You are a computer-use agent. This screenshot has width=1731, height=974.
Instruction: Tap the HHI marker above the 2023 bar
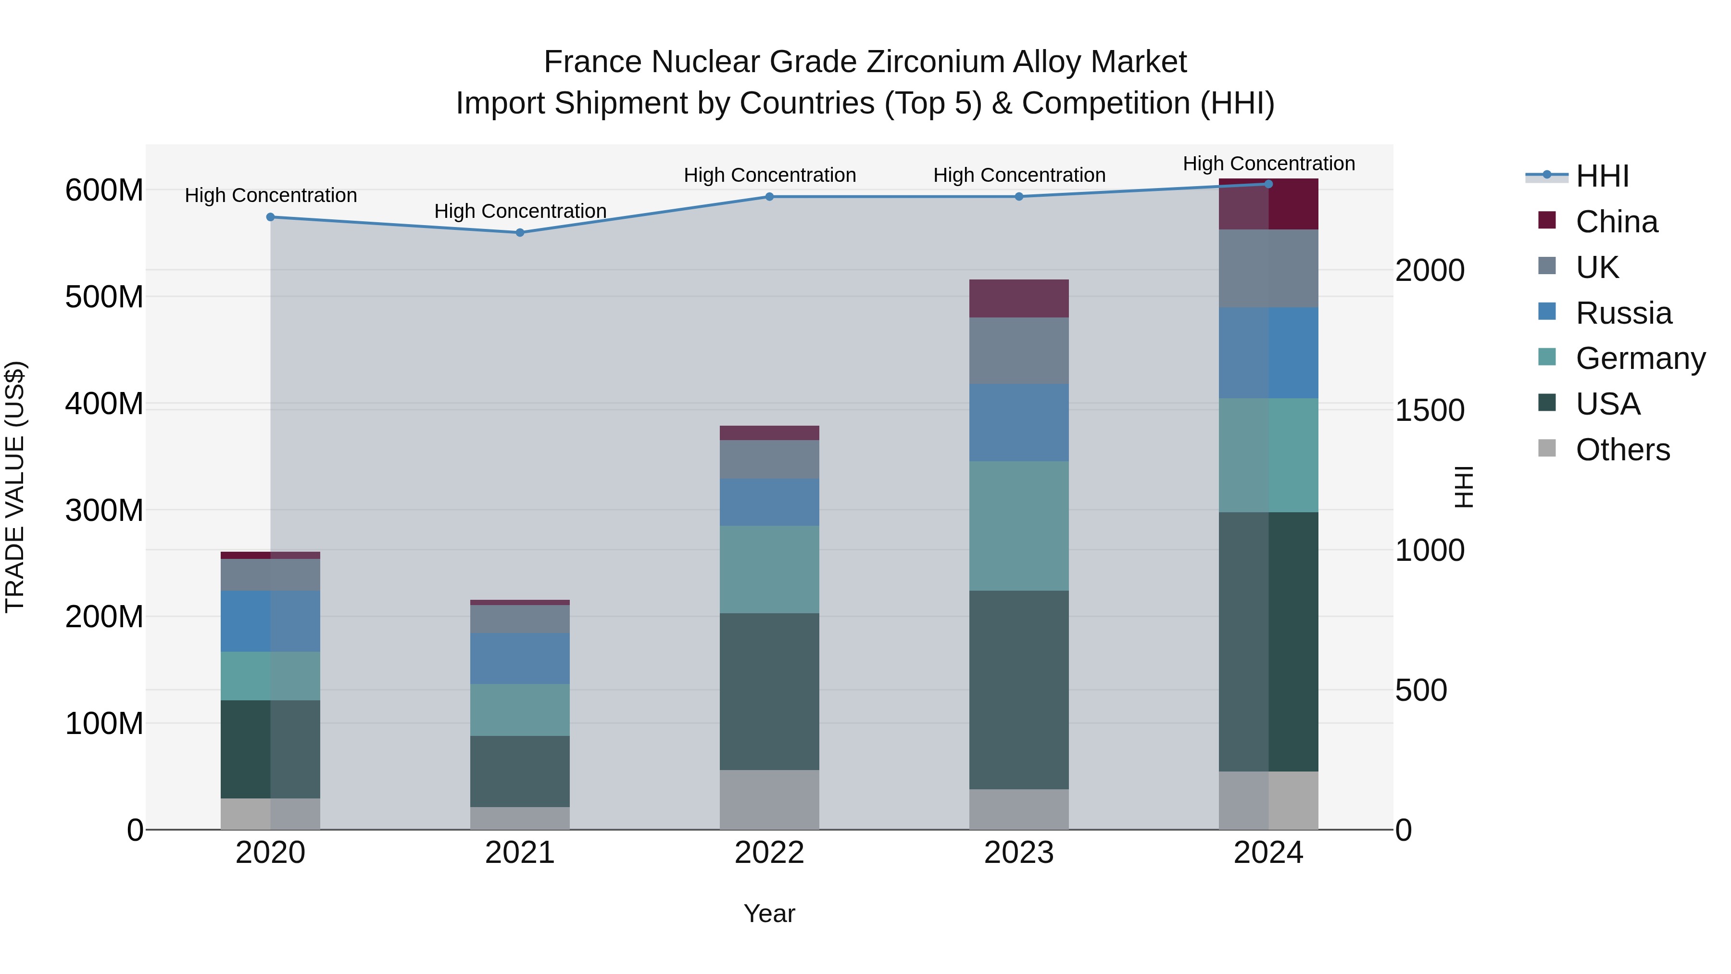[1019, 197]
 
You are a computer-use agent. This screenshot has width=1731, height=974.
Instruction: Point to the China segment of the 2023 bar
[1019, 298]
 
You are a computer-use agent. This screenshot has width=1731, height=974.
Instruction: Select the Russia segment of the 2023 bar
[1019, 422]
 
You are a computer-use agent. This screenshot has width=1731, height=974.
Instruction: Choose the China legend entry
[1616, 222]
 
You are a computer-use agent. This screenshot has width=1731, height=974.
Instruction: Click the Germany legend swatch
[1547, 357]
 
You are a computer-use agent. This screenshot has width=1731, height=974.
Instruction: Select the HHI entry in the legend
[1602, 176]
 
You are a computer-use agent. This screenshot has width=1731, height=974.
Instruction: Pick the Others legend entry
[1622, 450]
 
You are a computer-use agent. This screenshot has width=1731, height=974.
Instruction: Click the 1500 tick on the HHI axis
[1430, 410]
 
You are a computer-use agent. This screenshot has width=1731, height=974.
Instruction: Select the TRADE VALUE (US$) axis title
[15, 487]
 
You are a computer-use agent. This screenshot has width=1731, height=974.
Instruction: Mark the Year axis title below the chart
[769, 913]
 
